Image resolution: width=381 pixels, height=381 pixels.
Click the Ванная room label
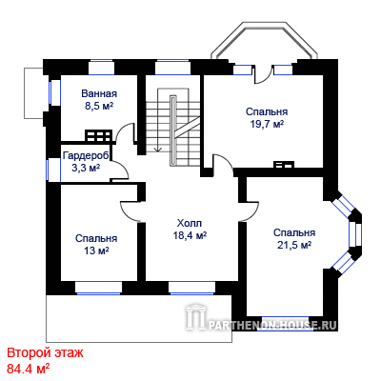pyautogui.click(x=99, y=93)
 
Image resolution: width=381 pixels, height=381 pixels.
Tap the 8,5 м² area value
pyautogui.click(x=99, y=106)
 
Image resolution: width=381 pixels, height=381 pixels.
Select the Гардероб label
pyautogui.click(x=86, y=155)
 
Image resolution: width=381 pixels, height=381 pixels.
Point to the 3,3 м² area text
pyautogui.click(x=86, y=168)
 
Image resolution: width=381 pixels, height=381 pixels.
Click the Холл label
pyautogui.click(x=190, y=223)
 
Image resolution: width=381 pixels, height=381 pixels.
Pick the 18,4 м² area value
pyautogui.click(x=190, y=235)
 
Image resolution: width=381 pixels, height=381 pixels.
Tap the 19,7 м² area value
pyautogui.click(x=267, y=124)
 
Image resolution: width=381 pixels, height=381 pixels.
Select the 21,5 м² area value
pyautogui.click(x=294, y=245)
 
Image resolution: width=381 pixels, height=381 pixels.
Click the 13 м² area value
pyautogui.click(x=96, y=251)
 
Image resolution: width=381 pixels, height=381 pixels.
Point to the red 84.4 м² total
pyautogui.click(x=28, y=369)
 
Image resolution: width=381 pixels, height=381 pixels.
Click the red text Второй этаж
pyautogui.click(x=45, y=352)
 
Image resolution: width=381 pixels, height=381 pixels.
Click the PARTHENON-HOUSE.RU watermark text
pyautogui.click(x=272, y=325)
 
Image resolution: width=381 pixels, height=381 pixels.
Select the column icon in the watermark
pyautogui.click(x=194, y=317)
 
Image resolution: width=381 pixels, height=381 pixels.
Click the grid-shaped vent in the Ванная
pyautogui.click(x=98, y=135)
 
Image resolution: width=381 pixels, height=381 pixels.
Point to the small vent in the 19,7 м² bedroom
pyautogui.click(x=284, y=165)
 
